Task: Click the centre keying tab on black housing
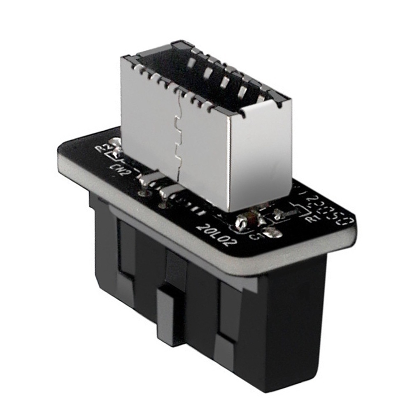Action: click(x=169, y=313)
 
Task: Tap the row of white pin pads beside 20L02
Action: click(x=189, y=206)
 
